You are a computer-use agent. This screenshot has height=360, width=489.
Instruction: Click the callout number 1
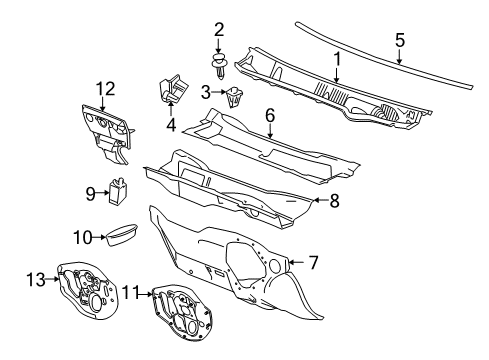pos(338,59)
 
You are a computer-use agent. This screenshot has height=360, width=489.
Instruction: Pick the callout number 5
pos(399,40)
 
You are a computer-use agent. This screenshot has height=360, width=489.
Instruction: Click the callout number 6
pos(269,116)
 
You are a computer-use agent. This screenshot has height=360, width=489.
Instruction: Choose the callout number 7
pos(312,263)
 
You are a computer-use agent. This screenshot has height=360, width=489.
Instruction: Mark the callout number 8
pos(334,200)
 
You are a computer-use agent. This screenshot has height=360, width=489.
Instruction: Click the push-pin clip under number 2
pos(220,66)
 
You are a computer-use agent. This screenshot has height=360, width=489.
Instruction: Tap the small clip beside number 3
pos(237,96)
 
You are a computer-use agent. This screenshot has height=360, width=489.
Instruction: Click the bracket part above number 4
pos(169,87)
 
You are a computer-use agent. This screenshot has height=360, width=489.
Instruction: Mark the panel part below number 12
pos(107,134)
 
